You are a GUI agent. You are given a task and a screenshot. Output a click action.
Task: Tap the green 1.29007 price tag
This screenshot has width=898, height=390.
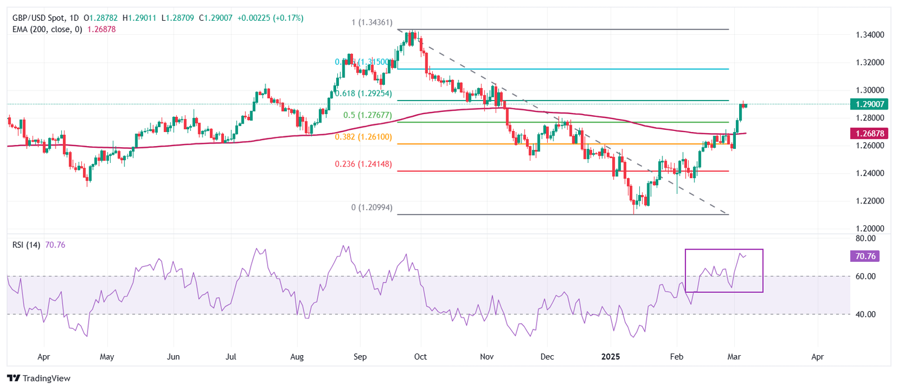869,104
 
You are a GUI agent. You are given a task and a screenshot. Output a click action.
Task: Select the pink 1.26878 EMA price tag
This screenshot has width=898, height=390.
869,133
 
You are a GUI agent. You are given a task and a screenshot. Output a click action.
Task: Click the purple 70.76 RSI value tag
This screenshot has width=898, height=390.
865,256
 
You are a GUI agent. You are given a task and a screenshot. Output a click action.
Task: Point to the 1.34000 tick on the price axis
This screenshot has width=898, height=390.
870,35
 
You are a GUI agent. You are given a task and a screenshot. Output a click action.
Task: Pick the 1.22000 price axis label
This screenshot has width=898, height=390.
870,201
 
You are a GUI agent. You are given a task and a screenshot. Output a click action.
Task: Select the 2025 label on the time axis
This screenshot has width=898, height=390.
610,357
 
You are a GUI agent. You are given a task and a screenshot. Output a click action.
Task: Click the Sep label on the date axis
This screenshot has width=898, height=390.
360,357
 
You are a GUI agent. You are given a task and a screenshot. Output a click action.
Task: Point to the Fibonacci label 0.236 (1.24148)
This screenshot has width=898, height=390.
363,164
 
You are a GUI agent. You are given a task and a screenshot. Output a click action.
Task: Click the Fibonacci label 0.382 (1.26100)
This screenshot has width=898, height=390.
363,137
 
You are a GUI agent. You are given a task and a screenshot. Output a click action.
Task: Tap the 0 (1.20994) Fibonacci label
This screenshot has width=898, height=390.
372,207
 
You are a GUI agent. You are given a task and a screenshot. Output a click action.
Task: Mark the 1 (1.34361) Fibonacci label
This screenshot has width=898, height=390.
372,22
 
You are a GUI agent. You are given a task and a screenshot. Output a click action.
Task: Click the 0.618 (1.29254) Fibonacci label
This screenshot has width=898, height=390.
363,93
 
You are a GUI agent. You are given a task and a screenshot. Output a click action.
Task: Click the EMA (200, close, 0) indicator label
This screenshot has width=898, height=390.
47,29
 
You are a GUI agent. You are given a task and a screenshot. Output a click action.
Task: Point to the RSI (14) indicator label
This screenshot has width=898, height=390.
26,245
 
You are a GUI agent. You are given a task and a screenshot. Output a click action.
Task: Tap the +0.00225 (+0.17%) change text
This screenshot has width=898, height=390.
271,18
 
